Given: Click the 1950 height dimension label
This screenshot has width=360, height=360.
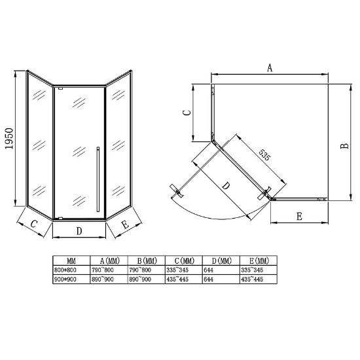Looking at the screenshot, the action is coord(9,139).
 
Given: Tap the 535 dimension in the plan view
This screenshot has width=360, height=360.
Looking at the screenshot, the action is coord(264,154).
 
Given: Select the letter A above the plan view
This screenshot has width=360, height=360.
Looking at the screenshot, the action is coord(270,68).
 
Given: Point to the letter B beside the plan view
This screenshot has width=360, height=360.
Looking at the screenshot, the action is coord(344,146).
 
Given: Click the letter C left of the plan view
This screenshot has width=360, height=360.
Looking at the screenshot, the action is coord(188,113).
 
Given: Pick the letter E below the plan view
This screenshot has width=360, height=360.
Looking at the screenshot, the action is coord(299,216).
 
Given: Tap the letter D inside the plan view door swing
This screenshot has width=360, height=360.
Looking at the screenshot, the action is coord(226,185).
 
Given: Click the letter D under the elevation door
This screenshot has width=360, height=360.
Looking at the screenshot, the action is coord(79,231).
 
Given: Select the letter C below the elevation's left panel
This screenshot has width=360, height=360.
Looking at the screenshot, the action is coord(34,223).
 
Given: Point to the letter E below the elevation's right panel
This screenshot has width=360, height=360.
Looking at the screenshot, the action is coord(126,225).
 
